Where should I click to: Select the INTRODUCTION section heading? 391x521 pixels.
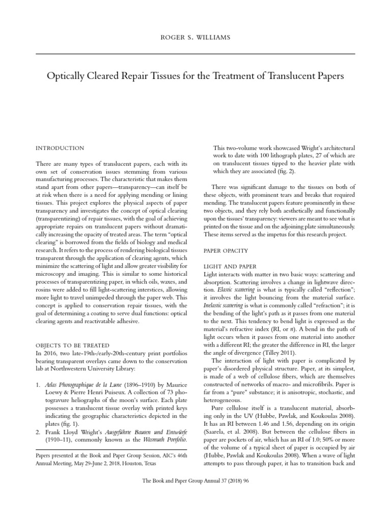pos(60,148)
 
